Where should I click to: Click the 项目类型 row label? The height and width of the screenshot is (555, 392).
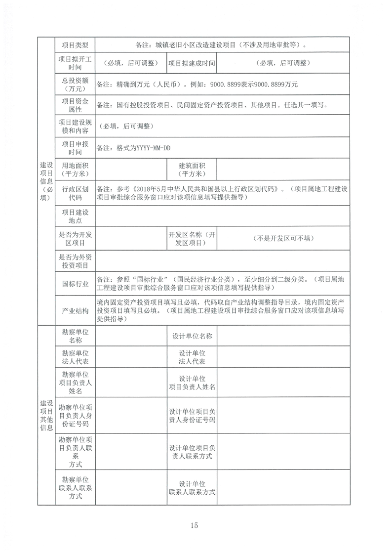pos(75,45)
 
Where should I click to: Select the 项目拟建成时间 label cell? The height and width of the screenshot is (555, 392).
pos(192,63)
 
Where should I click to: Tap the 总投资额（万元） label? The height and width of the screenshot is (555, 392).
pos(75,85)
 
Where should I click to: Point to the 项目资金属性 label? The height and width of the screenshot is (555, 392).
pos(75,105)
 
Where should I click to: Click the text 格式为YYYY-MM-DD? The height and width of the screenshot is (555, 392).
pos(143,147)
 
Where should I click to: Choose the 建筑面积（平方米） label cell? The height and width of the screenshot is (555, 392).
pos(192,170)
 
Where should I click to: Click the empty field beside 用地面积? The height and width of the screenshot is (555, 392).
pos(130,170)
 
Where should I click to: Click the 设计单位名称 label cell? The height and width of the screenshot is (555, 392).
pos(192,336)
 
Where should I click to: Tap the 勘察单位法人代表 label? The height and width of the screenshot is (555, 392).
pos(75,357)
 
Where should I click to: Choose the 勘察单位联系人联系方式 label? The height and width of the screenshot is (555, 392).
pos(75,487)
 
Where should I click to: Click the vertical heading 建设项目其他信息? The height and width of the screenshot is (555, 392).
pos(45,416)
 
